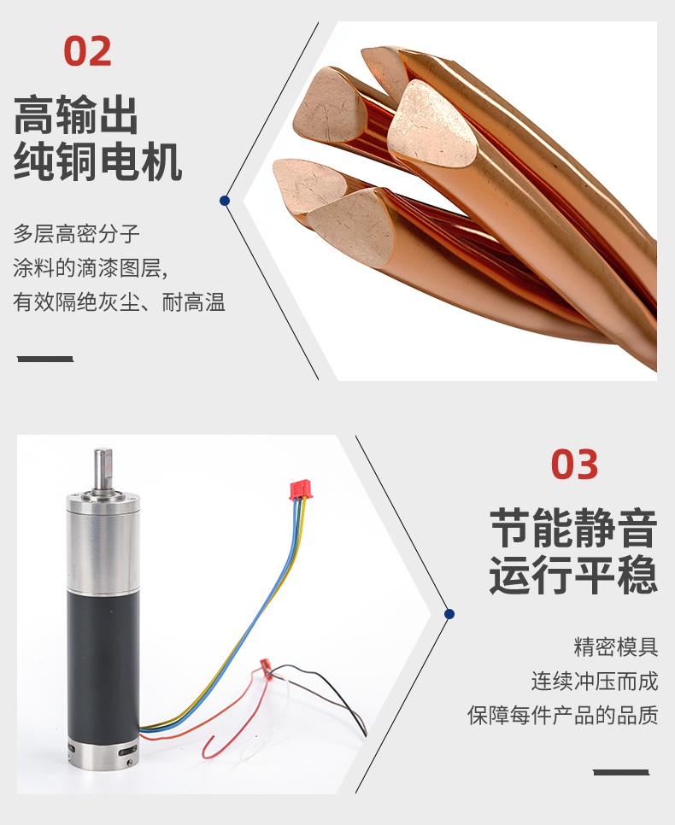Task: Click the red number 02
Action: [x=87, y=51]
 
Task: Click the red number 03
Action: [x=574, y=465]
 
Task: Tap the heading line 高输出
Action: [x=76, y=114]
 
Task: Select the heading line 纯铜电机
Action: [x=98, y=161]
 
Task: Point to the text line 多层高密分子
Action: [x=76, y=234]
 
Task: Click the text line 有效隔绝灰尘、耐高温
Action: [x=119, y=302]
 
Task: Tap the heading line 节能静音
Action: [x=574, y=528]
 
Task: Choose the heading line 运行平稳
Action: [x=574, y=575]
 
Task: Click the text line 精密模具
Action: [x=616, y=647]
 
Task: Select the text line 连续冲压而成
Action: [x=595, y=681]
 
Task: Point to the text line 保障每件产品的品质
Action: [x=563, y=715]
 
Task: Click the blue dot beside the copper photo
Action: [x=225, y=201]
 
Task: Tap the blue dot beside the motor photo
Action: [x=449, y=614]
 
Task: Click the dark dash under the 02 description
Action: [x=45, y=359]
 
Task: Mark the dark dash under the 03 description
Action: [x=621, y=772]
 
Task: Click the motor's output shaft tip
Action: [x=103, y=452]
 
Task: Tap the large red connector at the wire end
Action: [x=301, y=489]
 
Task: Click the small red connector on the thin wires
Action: [x=266, y=668]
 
